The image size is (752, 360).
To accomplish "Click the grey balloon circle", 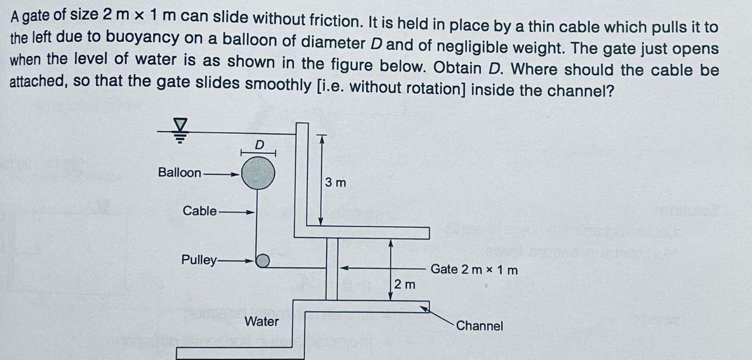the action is pyautogui.click(x=257, y=173).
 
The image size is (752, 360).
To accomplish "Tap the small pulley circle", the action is pyautogui.click(x=263, y=260).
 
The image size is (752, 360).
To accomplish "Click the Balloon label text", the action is pyautogui.click(x=179, y=173).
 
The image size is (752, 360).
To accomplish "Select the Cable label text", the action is pyautogui.click(x=199, y=211).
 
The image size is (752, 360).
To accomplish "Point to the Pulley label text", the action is pyautogui.click(x=199, y=260).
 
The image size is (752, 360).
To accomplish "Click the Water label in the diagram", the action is pyautogui.click(x=261, y=322).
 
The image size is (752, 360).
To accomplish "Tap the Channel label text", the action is pyautogui.click(x=479, y=326).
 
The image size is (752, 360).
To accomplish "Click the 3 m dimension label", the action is pyautogui.click(x=335, y=183).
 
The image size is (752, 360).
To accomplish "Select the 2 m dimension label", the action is pyautogui.click(x=405, y=285).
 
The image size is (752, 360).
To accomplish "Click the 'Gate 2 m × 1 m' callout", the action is pyautogui.click(x=475, y=270).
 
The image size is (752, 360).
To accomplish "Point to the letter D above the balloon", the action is pyautogui.click(x=258, y=144).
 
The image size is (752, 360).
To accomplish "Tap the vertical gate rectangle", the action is pyautogui.click(x=332, y=269).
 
